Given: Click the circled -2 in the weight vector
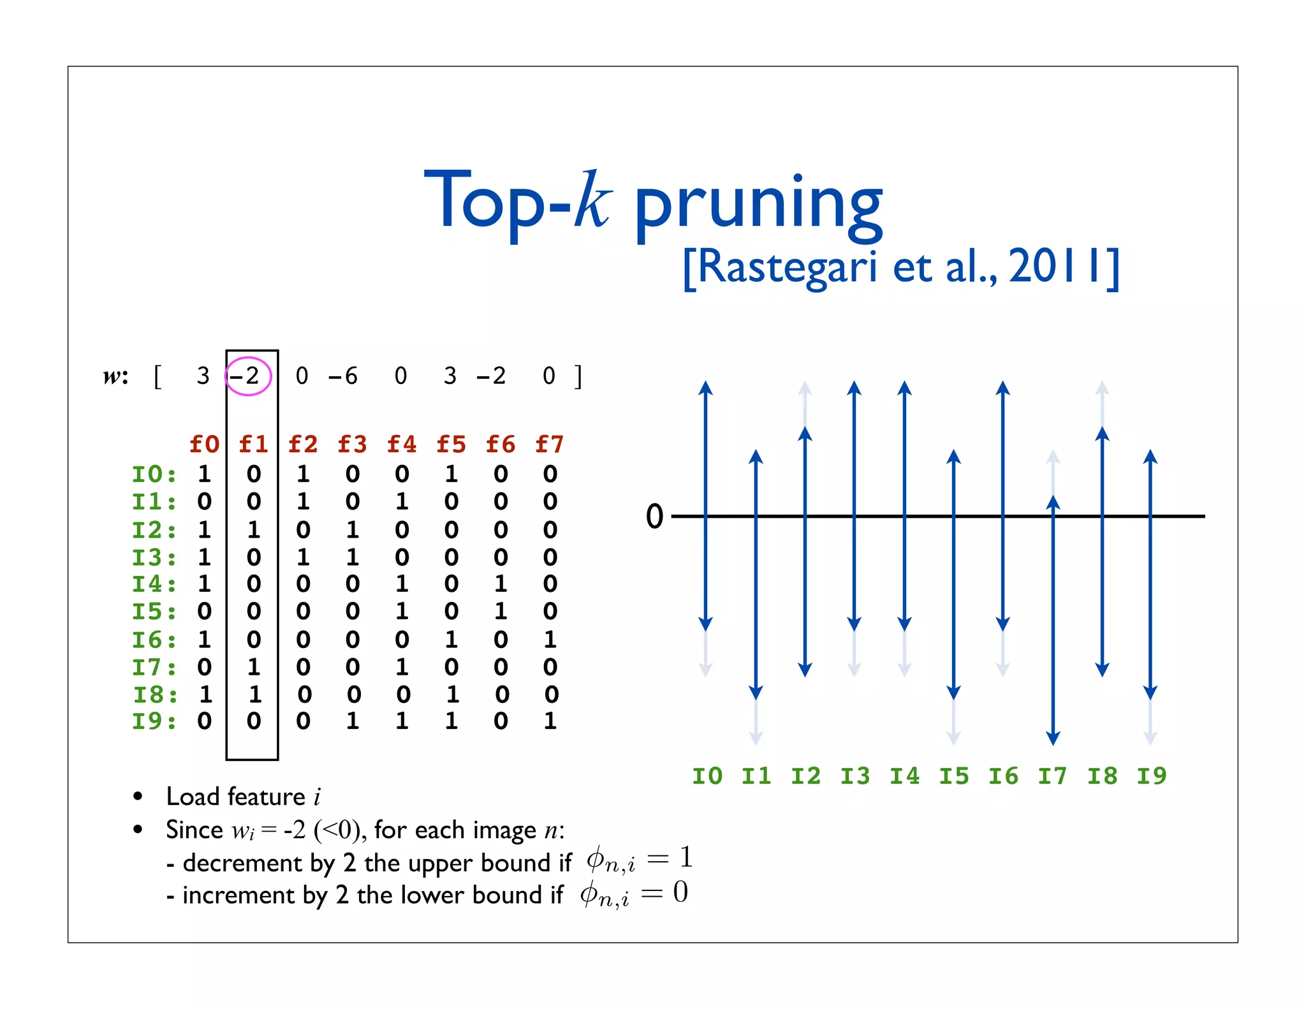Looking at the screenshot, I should (249, 376).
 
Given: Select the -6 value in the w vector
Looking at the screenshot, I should (343, 376).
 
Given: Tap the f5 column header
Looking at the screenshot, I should (451, 444).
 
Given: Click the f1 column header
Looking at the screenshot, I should (254, 444).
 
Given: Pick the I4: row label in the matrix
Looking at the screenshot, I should (154, 584).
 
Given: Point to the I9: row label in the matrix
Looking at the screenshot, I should (154, 721).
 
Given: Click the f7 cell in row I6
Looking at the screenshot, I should (550, 639).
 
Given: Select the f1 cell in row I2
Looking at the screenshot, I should (254, 529).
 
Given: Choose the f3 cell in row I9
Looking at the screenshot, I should (353, 721).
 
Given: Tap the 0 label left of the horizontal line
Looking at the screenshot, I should (655, 516).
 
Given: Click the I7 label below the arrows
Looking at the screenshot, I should (1053, 776).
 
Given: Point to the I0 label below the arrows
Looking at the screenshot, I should (707, 776).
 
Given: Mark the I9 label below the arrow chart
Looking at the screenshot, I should (1152, 776).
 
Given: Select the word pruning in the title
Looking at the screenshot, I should (759, 204).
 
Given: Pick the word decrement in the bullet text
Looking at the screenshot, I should (243, 863).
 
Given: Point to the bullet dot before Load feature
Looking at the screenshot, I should (138, 796).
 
